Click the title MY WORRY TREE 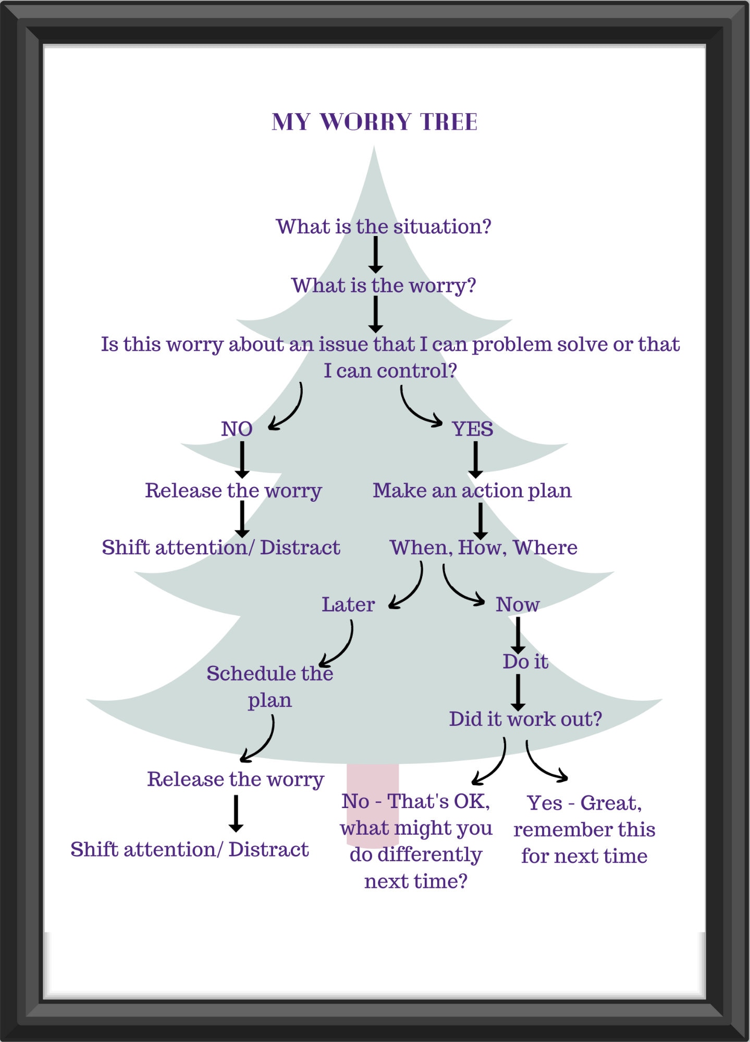374,122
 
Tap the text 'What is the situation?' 383,227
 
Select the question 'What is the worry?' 383,286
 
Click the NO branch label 237,429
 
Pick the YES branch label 472,429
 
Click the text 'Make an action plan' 472,490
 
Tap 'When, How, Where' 483,548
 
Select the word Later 348,604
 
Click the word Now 517,604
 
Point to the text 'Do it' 525,662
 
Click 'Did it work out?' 525,719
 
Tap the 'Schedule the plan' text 269,686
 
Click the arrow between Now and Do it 518,635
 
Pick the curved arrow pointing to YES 417,412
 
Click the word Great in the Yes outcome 610,803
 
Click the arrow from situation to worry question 375,254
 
